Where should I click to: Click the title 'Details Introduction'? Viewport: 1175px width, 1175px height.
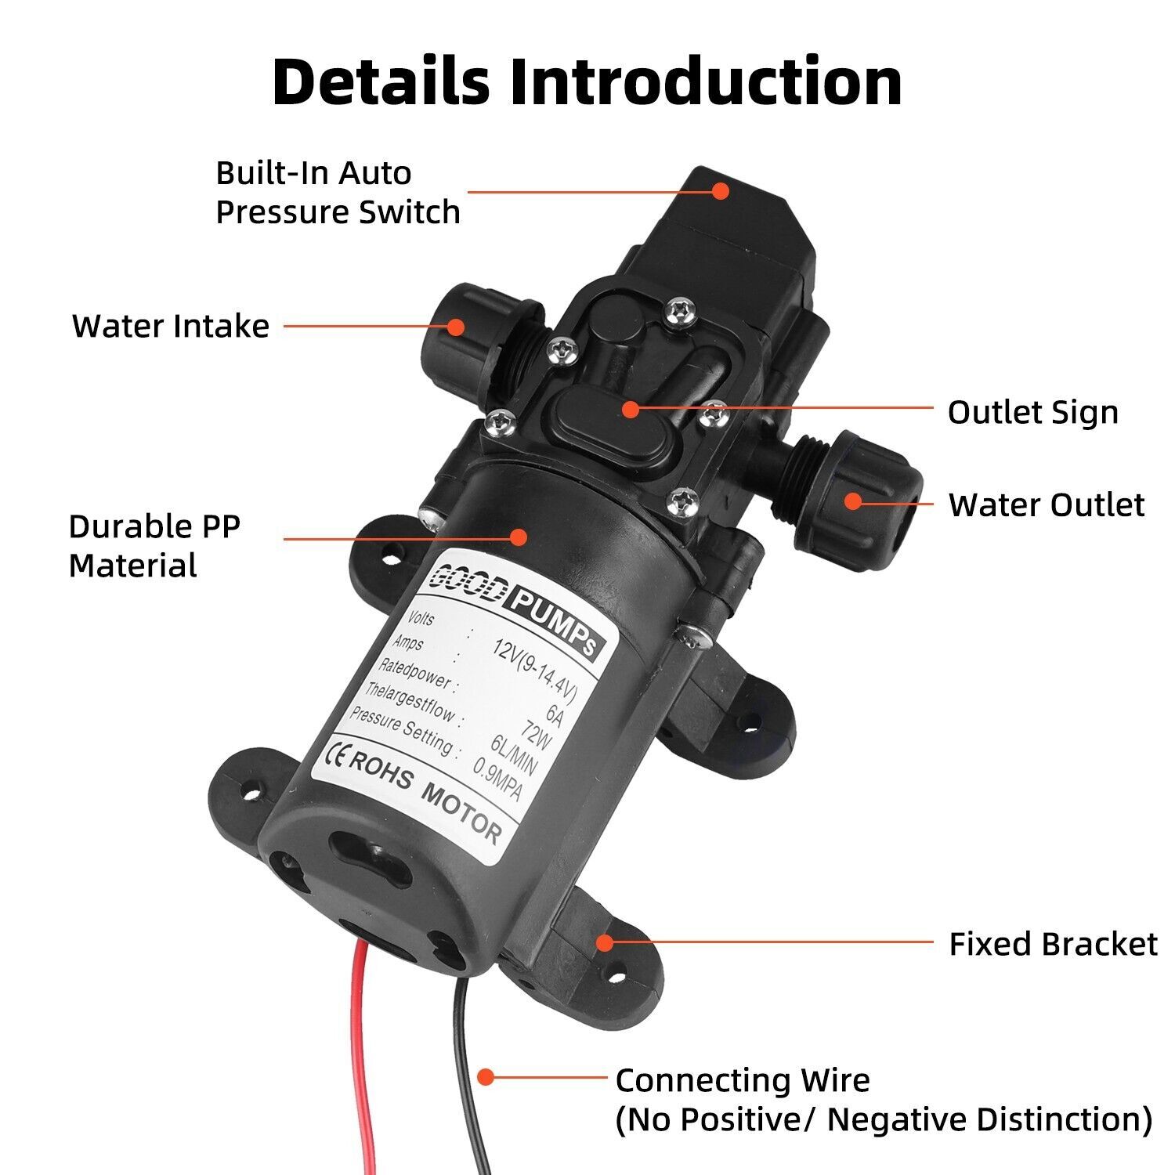587,81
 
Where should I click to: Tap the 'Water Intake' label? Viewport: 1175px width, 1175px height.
171,326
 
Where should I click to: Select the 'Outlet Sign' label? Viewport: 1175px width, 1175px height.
1032,412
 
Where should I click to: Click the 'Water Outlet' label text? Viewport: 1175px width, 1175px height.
1046,504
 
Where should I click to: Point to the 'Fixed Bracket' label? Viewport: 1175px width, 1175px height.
1053,944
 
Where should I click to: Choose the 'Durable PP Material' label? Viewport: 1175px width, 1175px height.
154,546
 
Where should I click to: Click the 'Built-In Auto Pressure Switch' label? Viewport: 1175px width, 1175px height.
338,193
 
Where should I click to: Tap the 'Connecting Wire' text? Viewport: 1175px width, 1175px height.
743,1080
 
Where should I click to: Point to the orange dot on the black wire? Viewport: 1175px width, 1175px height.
486,1077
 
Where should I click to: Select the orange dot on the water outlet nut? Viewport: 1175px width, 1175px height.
853,501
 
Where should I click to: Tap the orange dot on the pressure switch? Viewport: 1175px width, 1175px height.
721,190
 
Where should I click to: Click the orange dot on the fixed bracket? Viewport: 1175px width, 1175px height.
604,942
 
